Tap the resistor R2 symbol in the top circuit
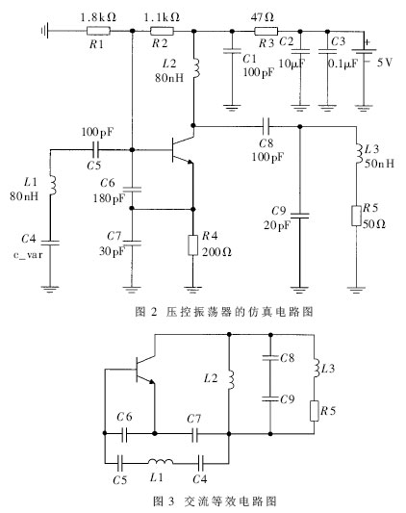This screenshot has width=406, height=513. (162, 32)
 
